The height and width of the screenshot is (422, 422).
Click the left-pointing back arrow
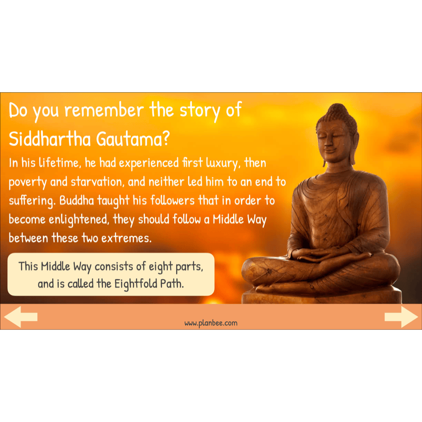pos(21,316)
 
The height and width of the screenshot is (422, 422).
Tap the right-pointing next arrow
pos(401,316)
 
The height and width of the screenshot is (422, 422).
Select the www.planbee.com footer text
pos(211,323)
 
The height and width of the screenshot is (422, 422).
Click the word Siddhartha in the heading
pos(50,139)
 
